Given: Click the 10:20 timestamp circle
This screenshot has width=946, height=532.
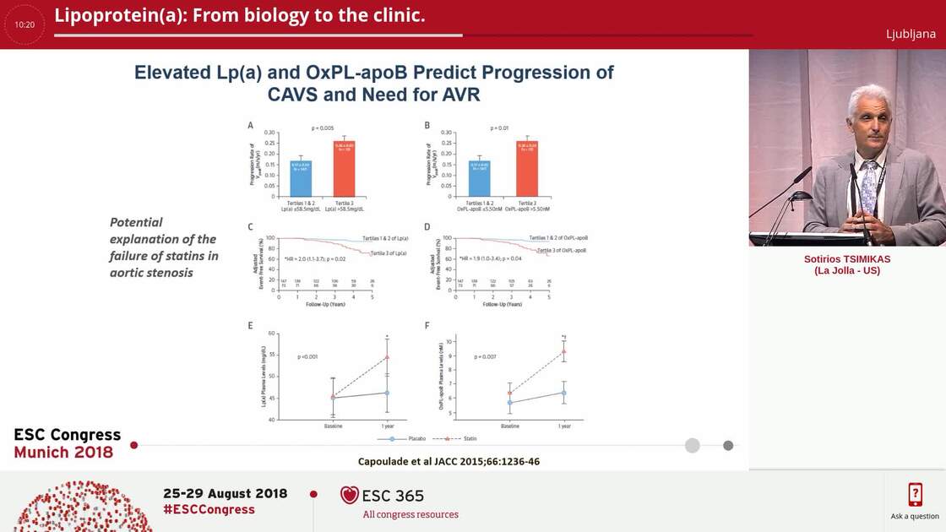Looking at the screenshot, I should coord(24,24).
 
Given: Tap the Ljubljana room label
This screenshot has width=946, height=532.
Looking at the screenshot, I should coord(911,34).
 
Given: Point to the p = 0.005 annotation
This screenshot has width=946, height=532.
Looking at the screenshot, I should coord(323,128).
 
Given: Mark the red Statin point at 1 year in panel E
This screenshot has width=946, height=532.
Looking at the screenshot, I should coord(387,356).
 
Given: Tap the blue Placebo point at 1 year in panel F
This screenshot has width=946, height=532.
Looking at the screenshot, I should coord(563,393).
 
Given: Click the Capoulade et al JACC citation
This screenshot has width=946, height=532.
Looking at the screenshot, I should coord(449,461).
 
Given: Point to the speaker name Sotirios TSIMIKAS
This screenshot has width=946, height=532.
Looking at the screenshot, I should coord(846,259).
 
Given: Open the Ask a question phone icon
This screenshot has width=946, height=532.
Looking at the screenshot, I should coord(915,494).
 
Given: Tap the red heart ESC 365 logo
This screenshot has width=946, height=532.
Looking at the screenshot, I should coord(349,495).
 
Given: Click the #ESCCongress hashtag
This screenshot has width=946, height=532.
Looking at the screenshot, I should coord(209,509).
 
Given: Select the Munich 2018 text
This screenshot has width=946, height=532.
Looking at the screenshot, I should coord(63,453).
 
